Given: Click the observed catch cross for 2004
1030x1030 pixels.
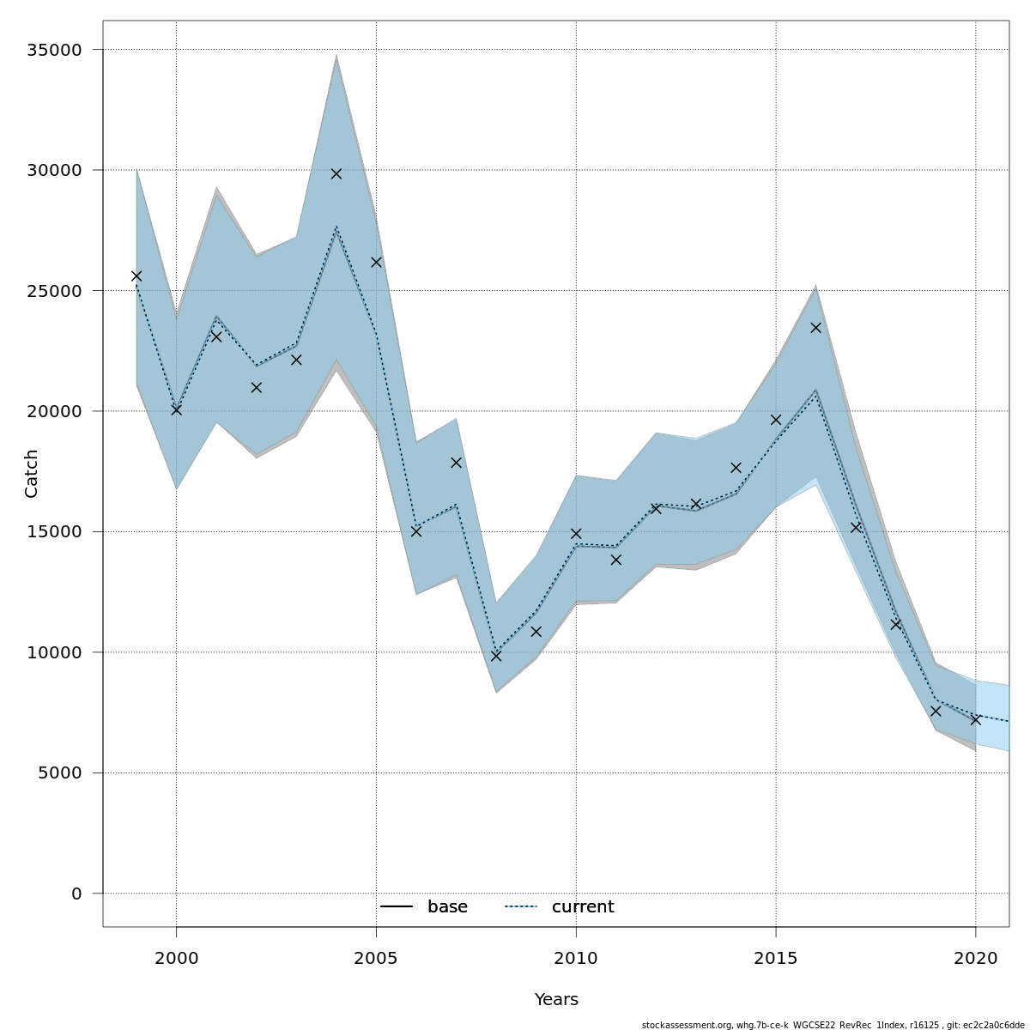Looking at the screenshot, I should [336, 173].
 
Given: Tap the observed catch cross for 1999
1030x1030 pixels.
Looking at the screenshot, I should [136, 276].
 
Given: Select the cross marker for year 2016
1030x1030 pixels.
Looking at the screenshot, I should [815, 327].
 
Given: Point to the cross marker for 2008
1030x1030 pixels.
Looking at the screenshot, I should [496, 656].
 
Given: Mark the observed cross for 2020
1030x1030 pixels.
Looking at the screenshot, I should [975, 719].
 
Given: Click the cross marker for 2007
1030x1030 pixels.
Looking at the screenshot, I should [456, 463].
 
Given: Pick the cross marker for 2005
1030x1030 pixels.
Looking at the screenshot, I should [376, 262].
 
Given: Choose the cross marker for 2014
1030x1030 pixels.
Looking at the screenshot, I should [736, 468].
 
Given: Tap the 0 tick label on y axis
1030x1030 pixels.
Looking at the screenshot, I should [76, 894].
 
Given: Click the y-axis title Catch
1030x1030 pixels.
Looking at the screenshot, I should [32, 473].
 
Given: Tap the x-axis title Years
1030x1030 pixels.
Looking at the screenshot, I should [556, 1000].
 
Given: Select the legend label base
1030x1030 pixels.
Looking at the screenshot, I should [447, 907].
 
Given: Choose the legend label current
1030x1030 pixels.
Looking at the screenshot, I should [583, 907].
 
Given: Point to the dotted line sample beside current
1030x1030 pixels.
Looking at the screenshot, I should [520, 907].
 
